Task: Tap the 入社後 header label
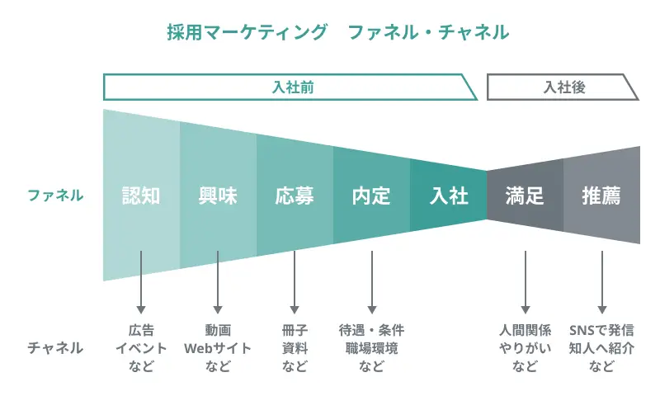tap(563, 87)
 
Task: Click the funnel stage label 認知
tap(141, 196)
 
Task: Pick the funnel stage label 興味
tap(218, 196)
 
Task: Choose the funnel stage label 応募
tap(295, 196)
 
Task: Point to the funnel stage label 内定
tap(371, 196)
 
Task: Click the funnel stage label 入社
tap(449, 196)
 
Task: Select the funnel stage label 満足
tap(525, 196)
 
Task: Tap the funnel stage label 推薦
tap(601, 196)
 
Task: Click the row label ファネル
tap(55, 196)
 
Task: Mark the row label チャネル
tap(55, 347)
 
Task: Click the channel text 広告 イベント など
tap(141, 347)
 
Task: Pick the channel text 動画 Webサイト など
tap(218, 347)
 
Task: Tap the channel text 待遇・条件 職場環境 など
tap(371, 347)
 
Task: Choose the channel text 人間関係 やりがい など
tap(525, 347)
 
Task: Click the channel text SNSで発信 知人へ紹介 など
tap(601, 347)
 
